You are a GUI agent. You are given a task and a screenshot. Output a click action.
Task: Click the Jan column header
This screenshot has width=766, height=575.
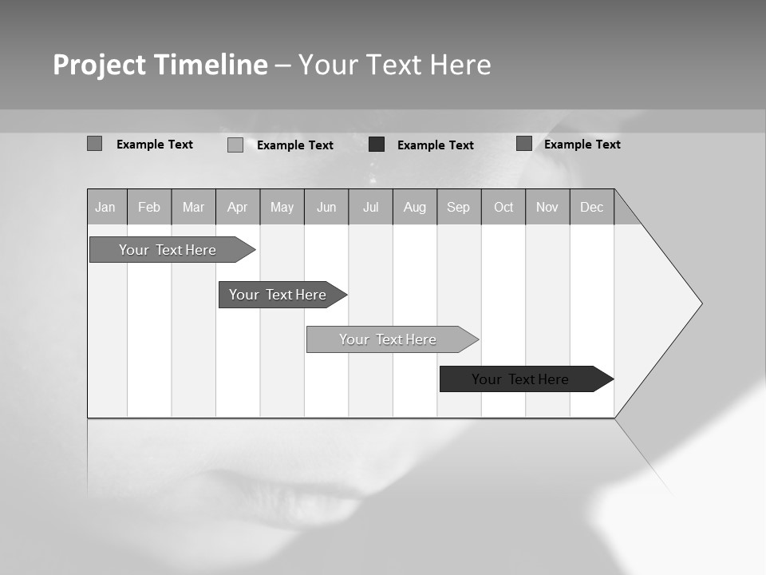[x=106, y=208]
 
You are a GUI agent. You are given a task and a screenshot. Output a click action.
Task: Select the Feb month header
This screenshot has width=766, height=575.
[x=149, y=208]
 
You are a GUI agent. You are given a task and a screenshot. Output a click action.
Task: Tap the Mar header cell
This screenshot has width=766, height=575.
[x=193, y=208]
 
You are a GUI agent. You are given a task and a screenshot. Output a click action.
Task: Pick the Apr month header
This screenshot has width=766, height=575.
[x=238, y=208]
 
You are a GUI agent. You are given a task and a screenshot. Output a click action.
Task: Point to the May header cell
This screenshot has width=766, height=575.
[x=282, y=208]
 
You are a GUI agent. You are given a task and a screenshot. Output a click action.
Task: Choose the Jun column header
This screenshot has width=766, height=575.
[x=326, y=208]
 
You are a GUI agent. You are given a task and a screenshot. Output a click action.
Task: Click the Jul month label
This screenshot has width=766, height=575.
[x=371, y=208]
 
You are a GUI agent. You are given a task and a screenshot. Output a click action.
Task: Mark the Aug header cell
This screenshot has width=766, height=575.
[x=415, y=208]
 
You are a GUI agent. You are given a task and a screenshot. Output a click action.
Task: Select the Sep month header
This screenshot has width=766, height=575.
[x=459, y=208]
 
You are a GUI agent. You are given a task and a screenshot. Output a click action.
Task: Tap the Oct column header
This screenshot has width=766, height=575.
[x=503, y=208]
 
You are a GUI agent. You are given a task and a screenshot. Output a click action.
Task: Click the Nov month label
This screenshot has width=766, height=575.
[x=547, y=208]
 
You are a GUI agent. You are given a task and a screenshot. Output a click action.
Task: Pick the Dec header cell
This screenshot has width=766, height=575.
[x=592, y=208]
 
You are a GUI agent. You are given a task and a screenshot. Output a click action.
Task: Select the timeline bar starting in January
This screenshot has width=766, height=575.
[x=168, y=250]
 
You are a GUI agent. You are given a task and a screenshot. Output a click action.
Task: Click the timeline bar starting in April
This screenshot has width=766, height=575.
[x=278, y=295]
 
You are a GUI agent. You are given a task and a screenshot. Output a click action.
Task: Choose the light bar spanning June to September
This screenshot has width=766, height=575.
[x=389, y=339]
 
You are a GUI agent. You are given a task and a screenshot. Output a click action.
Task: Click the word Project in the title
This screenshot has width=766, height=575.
[x=99, y=65]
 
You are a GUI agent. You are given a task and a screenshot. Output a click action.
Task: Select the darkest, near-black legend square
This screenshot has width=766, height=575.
[x=377, y=145]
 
